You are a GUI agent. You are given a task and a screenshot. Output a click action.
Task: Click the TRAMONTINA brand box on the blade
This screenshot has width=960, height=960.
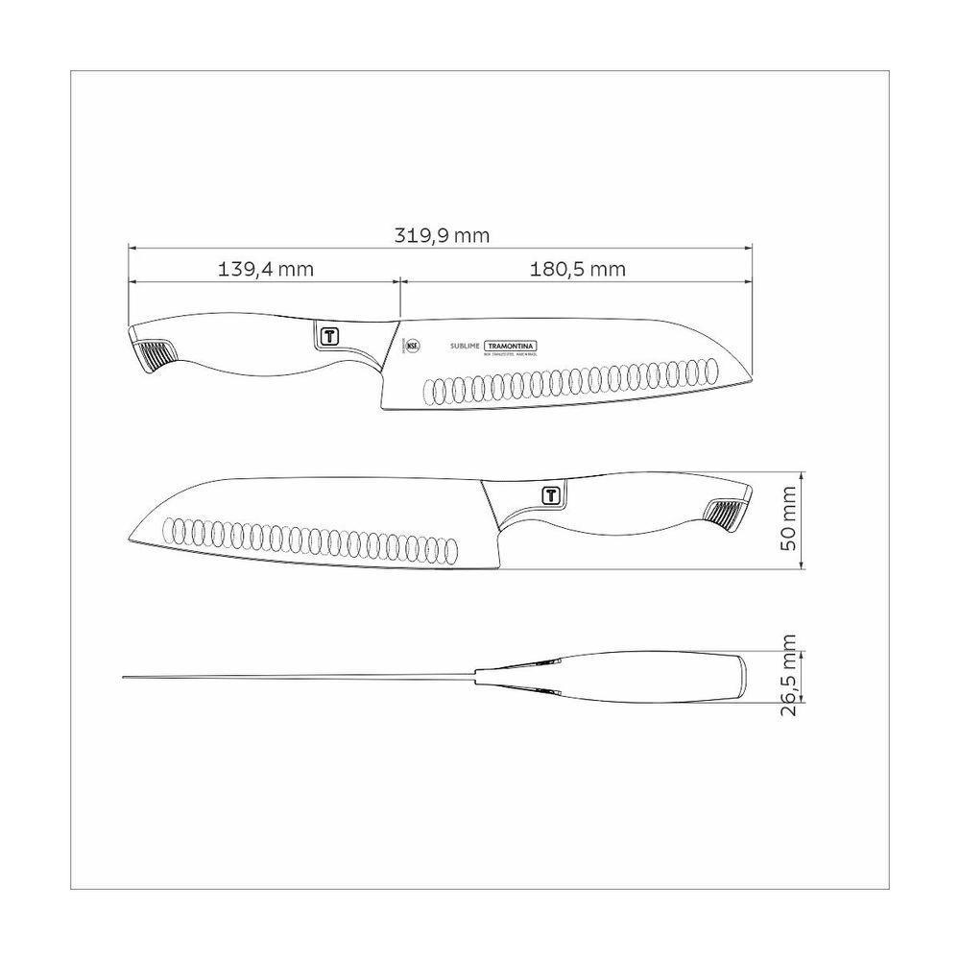[511, 346]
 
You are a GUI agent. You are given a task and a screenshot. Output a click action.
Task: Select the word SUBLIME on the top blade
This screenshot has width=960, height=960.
[466, 346]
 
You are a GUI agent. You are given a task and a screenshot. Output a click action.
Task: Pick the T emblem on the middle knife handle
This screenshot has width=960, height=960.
[550, 495]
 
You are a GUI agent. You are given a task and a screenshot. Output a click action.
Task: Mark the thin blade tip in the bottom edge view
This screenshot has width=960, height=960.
[126, 678]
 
